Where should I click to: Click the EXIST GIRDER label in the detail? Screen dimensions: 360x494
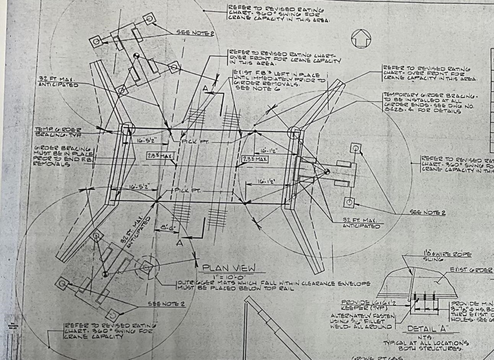tap(471, 270)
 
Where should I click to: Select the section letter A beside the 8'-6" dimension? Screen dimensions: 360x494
tap(179, 242)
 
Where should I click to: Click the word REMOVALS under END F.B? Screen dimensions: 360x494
tap(51, 164)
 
